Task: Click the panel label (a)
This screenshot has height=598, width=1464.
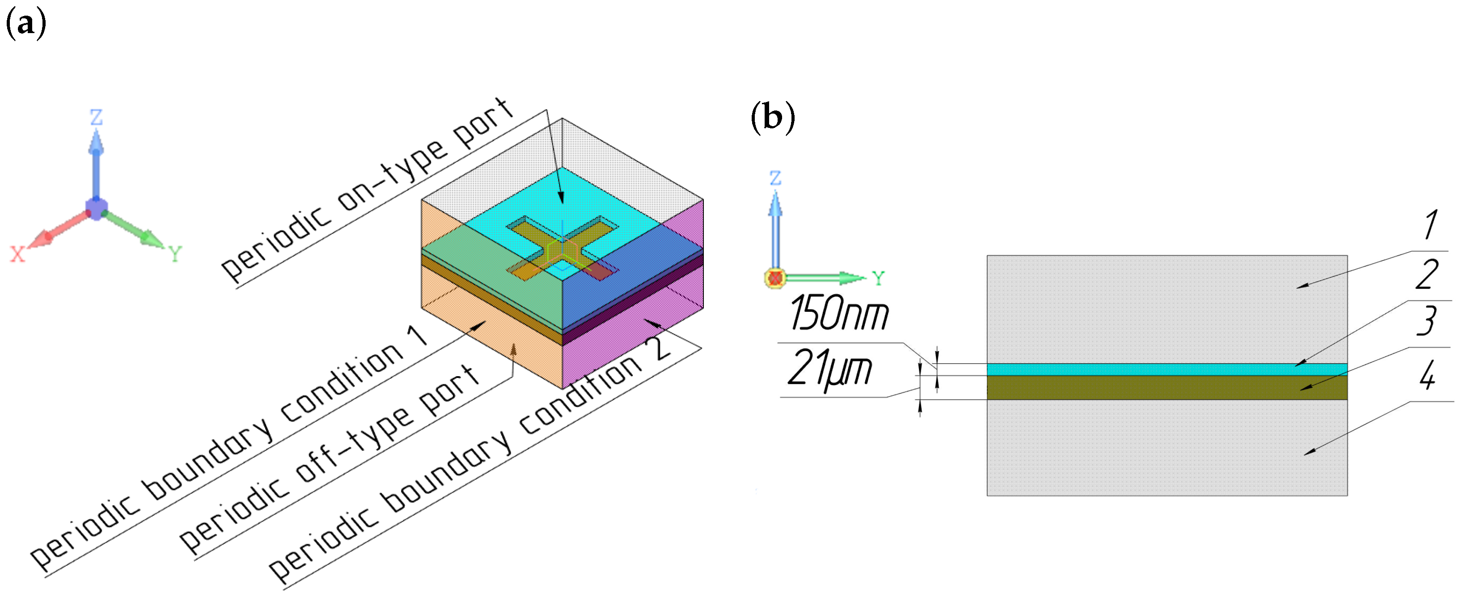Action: [25, 24]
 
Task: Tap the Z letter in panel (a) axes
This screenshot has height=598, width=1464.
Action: [96, 118]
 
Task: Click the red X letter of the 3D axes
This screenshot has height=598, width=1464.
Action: [17, 254]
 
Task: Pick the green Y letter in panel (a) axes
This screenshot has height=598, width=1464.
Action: [175, 254]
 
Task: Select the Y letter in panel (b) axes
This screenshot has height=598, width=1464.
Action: [878, 278]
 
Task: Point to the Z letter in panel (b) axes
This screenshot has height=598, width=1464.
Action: [775, 178]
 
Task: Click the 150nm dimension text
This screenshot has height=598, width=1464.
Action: [839, 314]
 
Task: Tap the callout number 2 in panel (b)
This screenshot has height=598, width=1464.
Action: [1426, 275]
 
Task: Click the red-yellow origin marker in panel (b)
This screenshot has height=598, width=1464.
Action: [775, 278]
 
